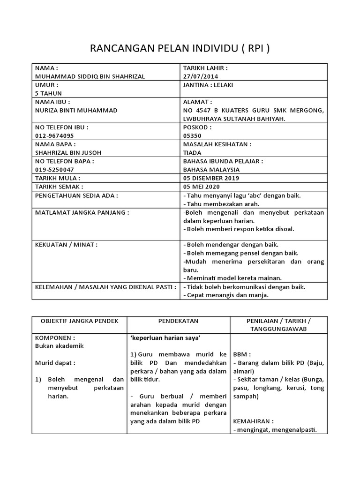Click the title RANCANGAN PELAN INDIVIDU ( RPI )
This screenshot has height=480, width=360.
(x=180, y=49)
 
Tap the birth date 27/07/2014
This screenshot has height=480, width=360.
(x=201, y=76)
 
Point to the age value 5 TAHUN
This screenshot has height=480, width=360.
(x=49, y=93)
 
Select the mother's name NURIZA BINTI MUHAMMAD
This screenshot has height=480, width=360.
(x=76, y=110)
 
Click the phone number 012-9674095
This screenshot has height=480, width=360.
(x=54, y=135)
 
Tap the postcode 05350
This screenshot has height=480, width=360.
(x=191, y=135)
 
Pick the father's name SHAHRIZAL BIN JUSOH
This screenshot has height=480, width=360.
(x=68, y=152)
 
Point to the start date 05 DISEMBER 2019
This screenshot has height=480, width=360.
(x=211, y=178)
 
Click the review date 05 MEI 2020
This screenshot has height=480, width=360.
(x=202, y=187)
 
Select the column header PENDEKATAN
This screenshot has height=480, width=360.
(x=178, y=321)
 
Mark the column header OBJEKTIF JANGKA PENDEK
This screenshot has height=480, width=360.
(x=78, y=321)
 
